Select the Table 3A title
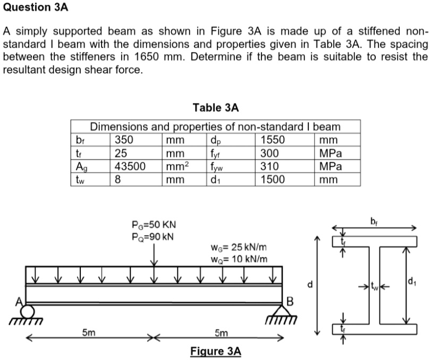[x=216, y=108]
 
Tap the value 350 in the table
[x=124, y=141]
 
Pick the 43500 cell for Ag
[x=131, y=166]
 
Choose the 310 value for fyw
[x=270, y=166]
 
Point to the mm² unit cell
[x=175, y=166]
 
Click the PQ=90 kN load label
[x=154, y=236]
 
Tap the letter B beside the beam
[x=290, y=303]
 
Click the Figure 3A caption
[x=215, y=351]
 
